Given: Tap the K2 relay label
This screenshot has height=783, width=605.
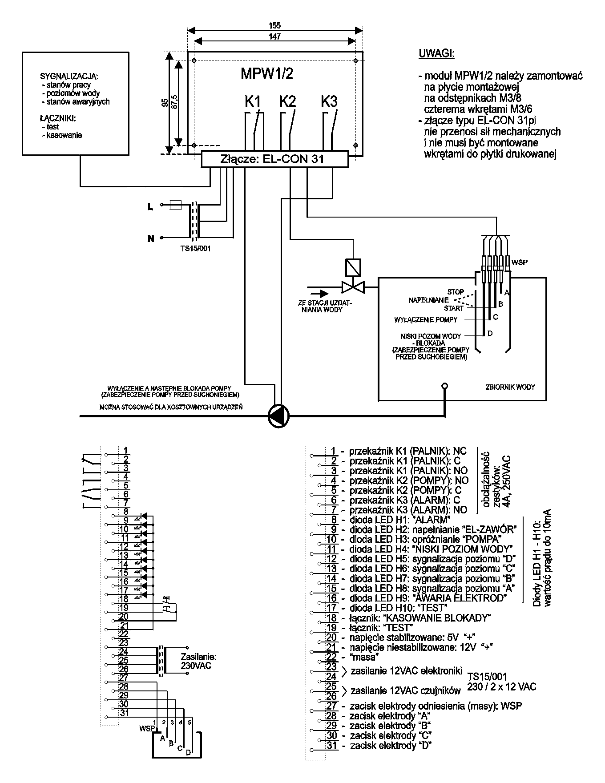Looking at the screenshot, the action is tap(287, 101).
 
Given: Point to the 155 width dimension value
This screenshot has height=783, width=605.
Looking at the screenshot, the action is tap(275, 26).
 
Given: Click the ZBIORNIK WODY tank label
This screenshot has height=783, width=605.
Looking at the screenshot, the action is tap(510, 387).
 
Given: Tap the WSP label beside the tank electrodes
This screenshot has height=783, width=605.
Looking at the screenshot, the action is tap(520, 262).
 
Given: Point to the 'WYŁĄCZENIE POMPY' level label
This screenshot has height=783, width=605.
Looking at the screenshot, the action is tap(426, 319).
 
